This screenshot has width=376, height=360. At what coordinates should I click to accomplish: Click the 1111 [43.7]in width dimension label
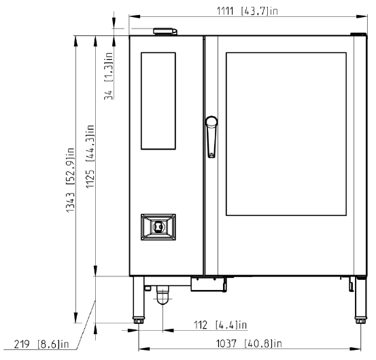[247, 11]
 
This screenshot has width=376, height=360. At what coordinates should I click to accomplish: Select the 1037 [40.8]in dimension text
[249, 344]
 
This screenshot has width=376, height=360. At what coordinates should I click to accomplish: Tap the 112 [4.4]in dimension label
[220, 325]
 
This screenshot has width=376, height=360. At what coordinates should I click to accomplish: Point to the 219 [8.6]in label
[41, 344]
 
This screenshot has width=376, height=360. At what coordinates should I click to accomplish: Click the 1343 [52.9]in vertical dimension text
[70, 180]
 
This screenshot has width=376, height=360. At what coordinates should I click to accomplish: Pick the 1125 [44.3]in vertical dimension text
[90, 156]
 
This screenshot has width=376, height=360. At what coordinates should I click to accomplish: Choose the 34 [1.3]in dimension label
[108, 76]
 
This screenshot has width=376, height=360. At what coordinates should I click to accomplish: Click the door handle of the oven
[211, 137]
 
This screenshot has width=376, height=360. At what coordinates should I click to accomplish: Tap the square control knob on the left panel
[158, 227]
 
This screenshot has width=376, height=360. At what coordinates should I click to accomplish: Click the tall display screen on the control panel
[158, 101]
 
